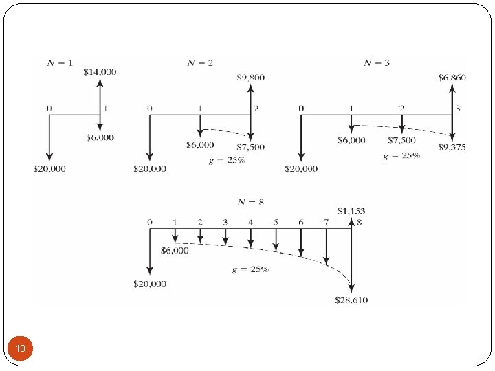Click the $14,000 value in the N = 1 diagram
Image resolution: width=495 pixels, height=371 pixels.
(100, 71)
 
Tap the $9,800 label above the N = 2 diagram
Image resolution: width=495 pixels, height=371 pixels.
(251, 78)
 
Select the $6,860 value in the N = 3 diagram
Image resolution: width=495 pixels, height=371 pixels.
(452, 78)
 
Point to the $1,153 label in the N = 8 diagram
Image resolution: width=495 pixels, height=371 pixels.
(351, 210)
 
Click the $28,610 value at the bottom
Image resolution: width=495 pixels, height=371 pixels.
(351, 300)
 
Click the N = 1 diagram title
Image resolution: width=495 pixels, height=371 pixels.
(60, 63)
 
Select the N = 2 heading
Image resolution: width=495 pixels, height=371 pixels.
(200, 63)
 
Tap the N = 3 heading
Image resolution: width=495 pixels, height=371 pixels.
(377, 63)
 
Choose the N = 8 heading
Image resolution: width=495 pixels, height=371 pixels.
(250, 201)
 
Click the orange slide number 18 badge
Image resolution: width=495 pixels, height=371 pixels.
(21, 349)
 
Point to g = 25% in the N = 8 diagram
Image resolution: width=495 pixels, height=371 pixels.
(250, 270)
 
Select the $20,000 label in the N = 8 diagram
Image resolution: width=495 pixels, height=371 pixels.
(149, 284)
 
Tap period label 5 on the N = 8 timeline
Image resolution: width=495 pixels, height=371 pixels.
(276, 223)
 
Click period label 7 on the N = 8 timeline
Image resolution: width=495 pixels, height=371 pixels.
(326, 223)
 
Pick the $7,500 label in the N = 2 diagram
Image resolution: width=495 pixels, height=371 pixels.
(250, 147)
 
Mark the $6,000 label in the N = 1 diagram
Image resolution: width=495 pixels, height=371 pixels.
(100, 137)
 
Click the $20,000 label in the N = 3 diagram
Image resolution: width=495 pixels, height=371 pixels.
(301, 168)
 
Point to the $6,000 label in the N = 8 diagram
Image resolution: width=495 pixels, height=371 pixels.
(175, 251)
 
